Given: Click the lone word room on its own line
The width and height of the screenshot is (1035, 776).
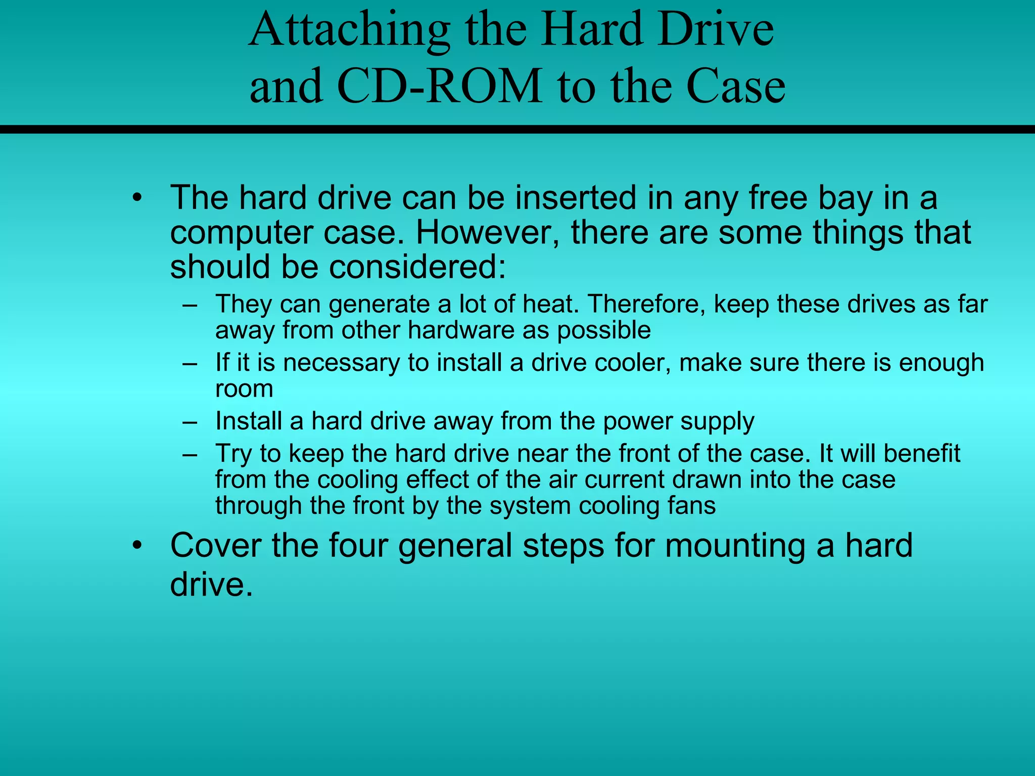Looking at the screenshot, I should (244, 389).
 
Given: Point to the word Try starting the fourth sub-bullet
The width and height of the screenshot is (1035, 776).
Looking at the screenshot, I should (233, 454).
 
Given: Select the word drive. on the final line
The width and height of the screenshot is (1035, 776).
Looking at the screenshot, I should (211, 585).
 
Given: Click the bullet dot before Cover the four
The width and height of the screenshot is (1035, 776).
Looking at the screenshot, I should (136, 547).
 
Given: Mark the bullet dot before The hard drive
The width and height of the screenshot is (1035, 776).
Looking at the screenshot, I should (136, 198).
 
